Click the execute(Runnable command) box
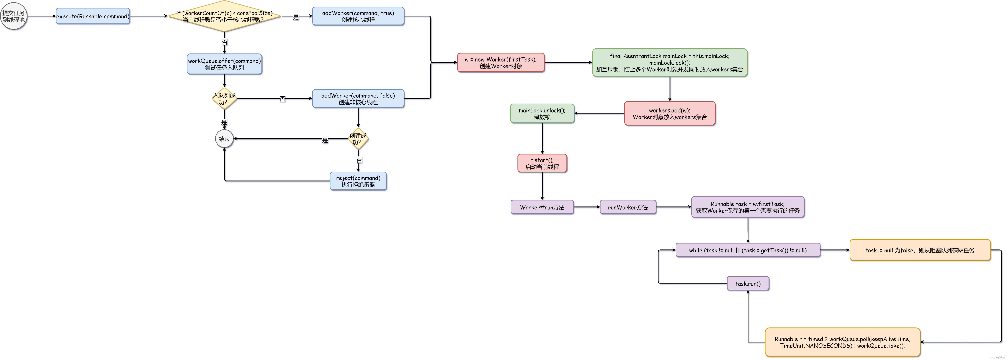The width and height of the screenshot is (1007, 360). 93,16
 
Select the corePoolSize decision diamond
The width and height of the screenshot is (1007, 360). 224,16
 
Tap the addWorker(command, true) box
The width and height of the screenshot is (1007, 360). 358,16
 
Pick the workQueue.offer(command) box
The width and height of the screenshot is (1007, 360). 224,64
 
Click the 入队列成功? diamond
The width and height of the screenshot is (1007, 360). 224,99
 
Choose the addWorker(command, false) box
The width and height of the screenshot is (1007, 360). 358,99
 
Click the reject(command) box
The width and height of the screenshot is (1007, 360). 358,181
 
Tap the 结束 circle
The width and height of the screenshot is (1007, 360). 224,139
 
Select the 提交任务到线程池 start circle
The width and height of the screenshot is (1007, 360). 14,16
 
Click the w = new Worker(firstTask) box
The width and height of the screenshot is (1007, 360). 501,63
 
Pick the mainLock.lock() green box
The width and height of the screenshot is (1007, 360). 670,63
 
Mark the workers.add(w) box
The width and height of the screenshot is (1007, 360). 670,113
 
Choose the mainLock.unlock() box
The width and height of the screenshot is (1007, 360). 542,113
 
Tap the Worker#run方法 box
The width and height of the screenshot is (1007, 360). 542,207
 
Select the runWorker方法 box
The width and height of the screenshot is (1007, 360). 628,207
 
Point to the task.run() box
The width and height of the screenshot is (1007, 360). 748,283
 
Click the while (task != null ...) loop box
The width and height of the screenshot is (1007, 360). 748,250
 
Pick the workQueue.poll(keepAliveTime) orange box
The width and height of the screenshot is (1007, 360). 842,342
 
